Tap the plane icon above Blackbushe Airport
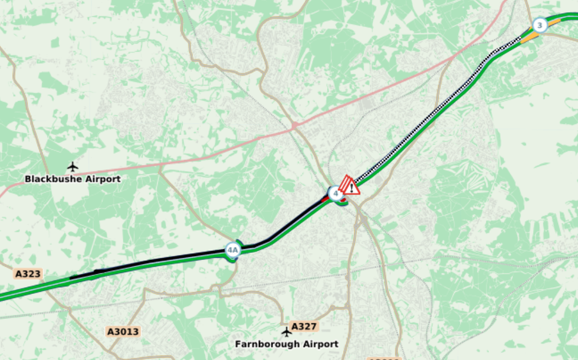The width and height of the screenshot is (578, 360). click(73, 167)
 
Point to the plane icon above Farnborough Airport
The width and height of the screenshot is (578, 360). click(287, 332)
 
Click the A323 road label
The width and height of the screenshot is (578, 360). click(28, 274)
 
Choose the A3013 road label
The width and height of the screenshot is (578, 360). click(123, 332)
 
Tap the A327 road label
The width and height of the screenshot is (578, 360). click(304, 326)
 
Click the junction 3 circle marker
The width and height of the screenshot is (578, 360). click(539, 25)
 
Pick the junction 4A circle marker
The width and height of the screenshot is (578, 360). click(233, 250)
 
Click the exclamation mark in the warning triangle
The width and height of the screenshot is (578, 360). click(352, 188)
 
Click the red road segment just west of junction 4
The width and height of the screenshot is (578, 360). click(326, 199)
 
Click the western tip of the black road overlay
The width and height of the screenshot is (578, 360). click(72, 277)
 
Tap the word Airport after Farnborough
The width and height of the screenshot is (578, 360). click(319, 344)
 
